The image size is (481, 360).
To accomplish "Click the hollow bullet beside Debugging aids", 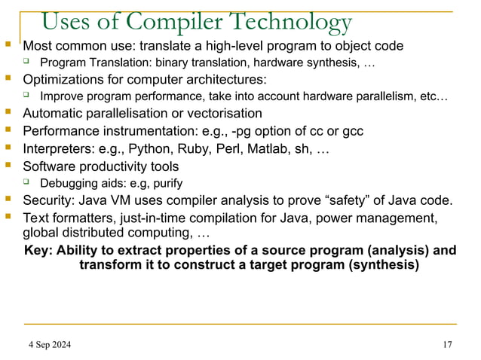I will coord(26,182).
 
